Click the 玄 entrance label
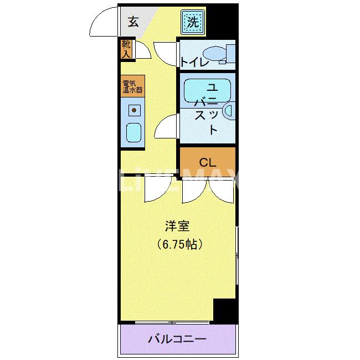coord(133,22)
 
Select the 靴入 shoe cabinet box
coord(126,49)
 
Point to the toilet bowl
coord(215,54)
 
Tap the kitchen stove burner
coord(133,110)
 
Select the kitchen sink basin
coord(133,132)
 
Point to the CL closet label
coord(207,162)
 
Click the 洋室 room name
coord(178,226)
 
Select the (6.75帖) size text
coord(178,244)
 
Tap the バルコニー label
coord(177,339)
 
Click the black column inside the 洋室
coord(224,310)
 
